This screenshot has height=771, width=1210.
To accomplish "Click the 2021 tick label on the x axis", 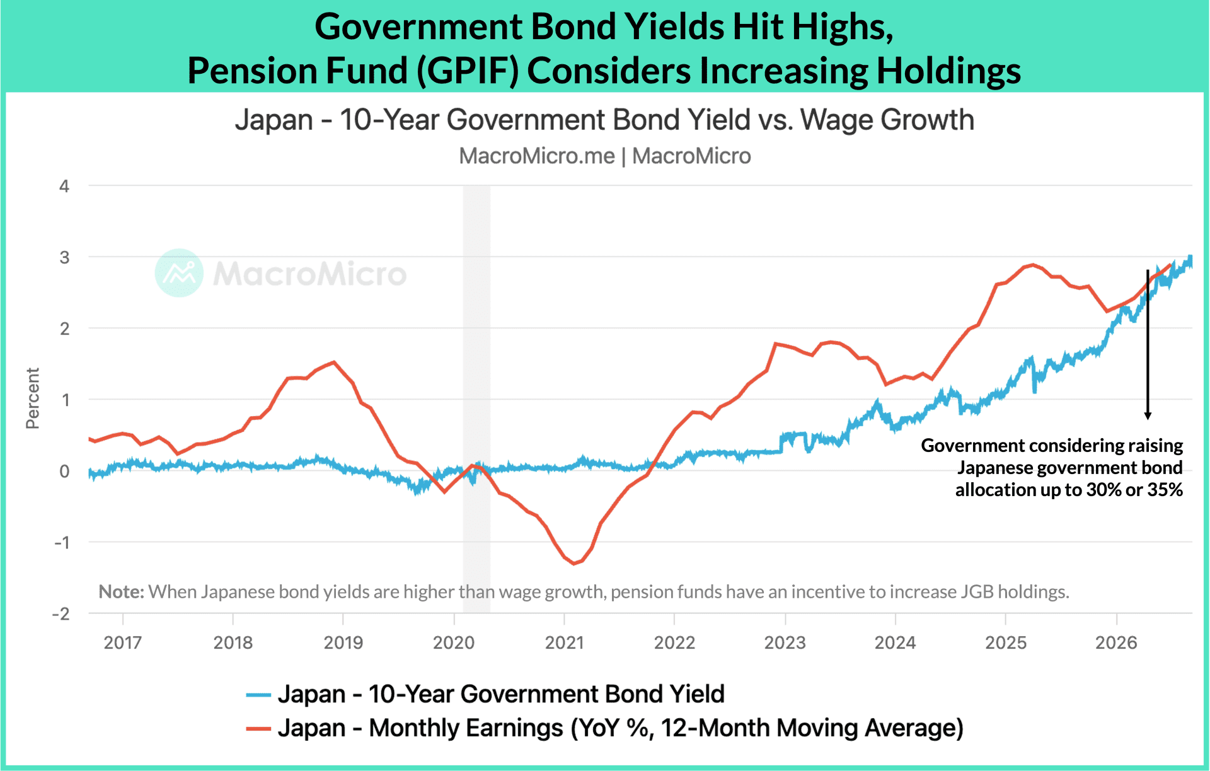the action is [565, 642].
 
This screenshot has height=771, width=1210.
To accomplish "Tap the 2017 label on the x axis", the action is [123, 642].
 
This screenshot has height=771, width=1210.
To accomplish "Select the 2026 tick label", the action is [1116, 642].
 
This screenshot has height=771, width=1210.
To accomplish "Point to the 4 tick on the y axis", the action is [64, 186].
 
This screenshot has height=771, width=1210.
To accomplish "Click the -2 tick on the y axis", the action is [61, 613].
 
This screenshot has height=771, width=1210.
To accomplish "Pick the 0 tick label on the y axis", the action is [64, 471].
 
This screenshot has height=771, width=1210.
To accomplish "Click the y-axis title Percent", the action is [32, 398].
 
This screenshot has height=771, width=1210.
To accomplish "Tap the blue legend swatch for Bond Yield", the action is [258, 695].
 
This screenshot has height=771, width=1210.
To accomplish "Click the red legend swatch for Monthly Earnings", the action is [258, 729].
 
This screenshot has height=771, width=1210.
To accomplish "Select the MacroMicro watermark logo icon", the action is [180, 273].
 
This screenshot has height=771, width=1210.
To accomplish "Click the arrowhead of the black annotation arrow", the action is [1148, 415].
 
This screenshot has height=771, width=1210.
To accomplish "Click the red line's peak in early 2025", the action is [1032, 265].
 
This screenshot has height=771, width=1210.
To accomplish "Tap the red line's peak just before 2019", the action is [333, 362].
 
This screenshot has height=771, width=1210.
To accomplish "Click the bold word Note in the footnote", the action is [122, 591].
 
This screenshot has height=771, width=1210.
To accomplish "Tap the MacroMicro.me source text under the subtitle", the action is [536, 156].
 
